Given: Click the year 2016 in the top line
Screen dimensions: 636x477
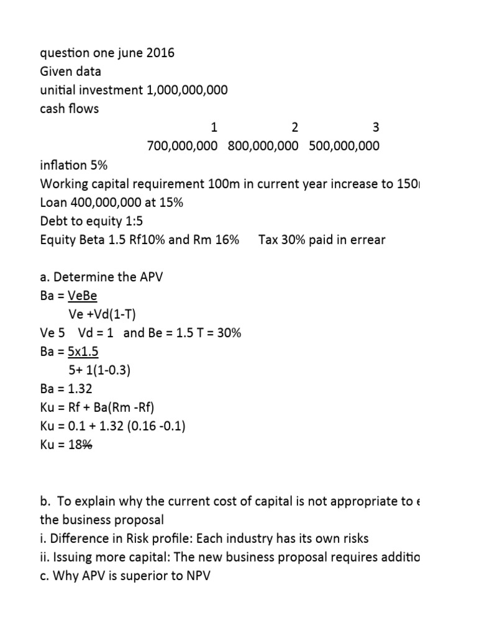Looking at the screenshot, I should click(x=161, y=53).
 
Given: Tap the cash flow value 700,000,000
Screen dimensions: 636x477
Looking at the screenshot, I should click(x=182, y=146).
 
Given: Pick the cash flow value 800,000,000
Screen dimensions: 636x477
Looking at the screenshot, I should click(x=263, y=146).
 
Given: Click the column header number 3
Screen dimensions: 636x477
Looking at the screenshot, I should click(x=375, y=128).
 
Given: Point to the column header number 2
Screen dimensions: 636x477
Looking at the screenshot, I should click(x=294, y=128).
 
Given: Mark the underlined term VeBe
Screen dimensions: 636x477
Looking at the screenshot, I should click(x=83, y=296).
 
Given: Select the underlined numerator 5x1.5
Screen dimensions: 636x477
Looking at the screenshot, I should click(x=84, y=352).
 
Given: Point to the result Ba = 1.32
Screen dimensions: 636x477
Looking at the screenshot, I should click(x=66, y=389).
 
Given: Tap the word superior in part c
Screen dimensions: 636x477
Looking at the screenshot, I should click(x=135, y=576).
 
